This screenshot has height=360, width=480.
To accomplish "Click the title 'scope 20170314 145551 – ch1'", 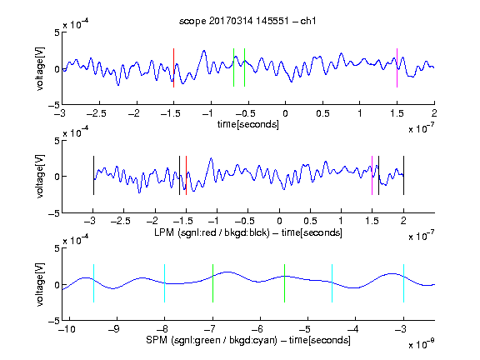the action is pos(247,21).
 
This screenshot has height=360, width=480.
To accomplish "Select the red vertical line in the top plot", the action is pos(174,68).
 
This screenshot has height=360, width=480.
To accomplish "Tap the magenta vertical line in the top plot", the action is pos(397,68).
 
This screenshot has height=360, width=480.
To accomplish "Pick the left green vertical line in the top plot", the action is pos(233,67).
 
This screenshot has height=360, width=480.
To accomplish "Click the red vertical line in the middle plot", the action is pos(186,175).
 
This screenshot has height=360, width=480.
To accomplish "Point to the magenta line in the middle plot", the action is pos(372,175).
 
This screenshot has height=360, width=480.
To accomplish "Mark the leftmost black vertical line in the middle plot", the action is pos(93,175).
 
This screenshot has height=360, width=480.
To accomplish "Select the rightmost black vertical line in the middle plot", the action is pos(403,175).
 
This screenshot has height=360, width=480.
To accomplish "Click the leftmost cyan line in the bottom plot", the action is pos(93,283).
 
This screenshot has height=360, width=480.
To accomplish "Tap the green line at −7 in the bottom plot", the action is pos(212,283).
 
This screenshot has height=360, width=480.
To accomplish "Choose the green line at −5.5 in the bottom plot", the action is pos(284,283).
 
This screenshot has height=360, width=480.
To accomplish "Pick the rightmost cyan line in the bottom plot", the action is pos(403,283).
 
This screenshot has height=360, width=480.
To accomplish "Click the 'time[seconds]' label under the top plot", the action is pos(248,124).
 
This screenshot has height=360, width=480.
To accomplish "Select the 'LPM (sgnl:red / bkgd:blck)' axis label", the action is pos(212,232).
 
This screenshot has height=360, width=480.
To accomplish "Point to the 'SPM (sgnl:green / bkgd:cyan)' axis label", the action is pos(212,340).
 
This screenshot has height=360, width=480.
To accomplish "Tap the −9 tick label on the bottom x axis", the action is pos(114,329).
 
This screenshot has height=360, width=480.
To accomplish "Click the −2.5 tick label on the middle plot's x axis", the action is pos(120,221).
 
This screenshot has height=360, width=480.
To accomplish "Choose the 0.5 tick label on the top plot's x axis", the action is pos(322,113).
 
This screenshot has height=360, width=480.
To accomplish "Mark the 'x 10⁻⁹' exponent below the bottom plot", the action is pos(422,343).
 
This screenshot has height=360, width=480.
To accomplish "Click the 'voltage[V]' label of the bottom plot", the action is pos(40,284).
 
